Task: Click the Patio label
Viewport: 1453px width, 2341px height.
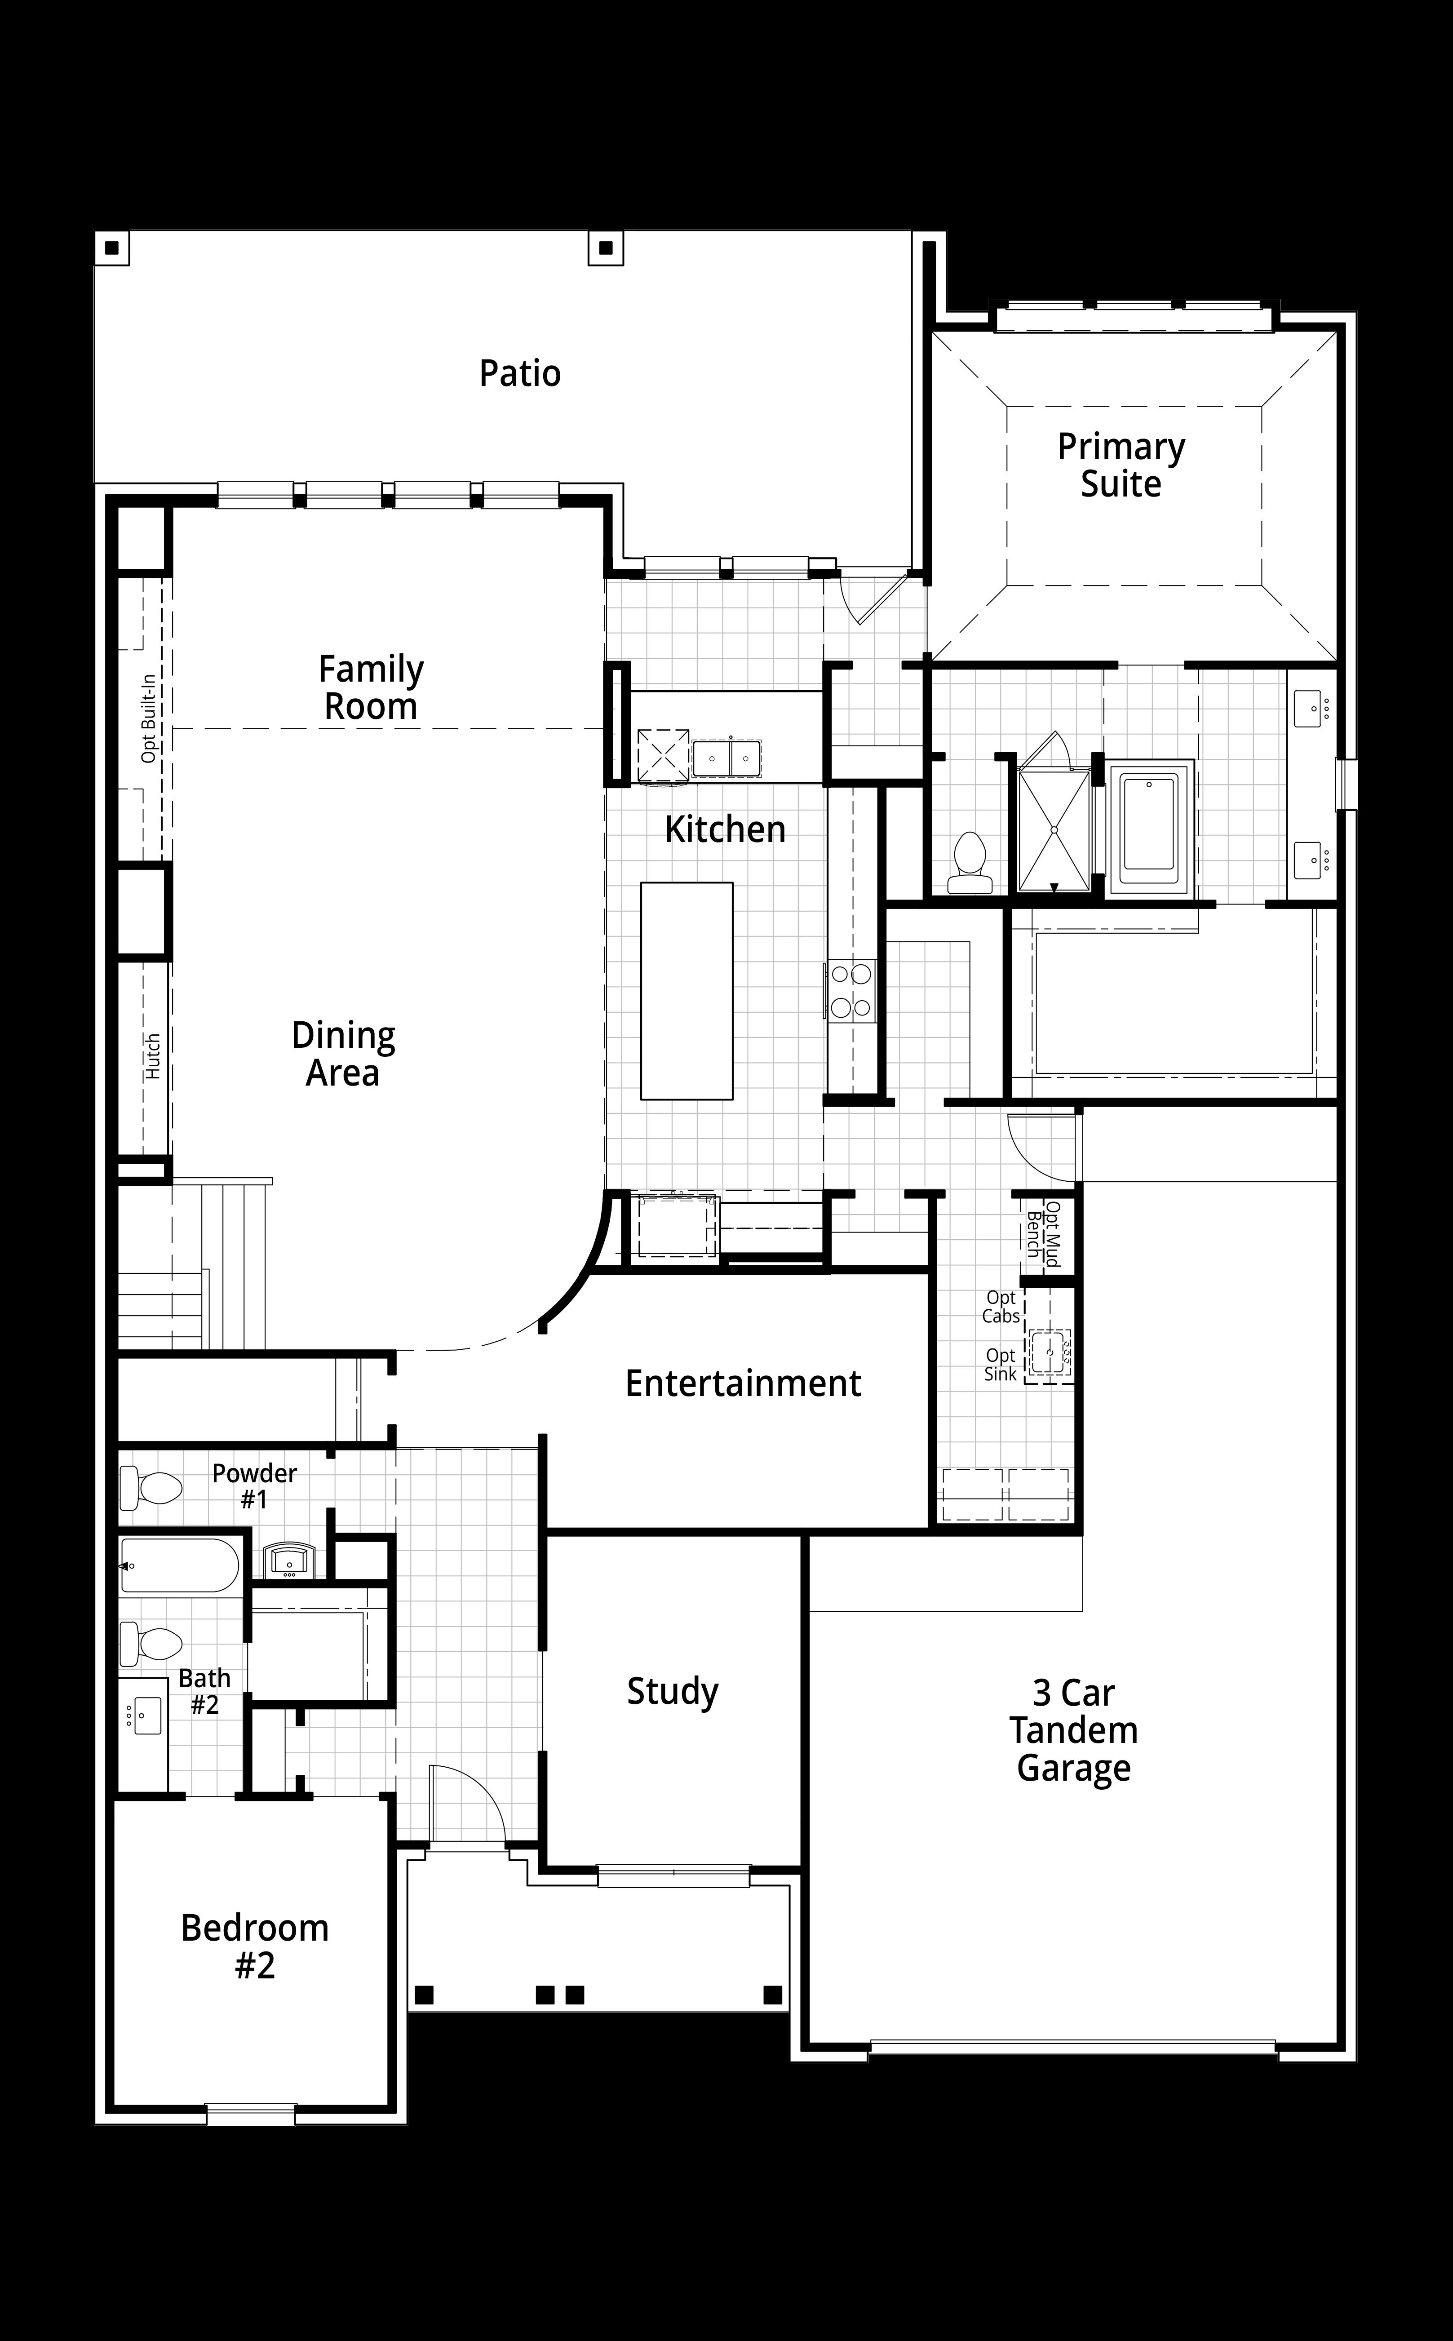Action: click(x=520, y=373)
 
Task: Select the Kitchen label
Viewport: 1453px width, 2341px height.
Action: click(x=726, y=829)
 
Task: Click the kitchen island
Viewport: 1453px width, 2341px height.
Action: click(x=687, y=991)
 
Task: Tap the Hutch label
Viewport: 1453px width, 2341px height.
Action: click(x=153, y=1056)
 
